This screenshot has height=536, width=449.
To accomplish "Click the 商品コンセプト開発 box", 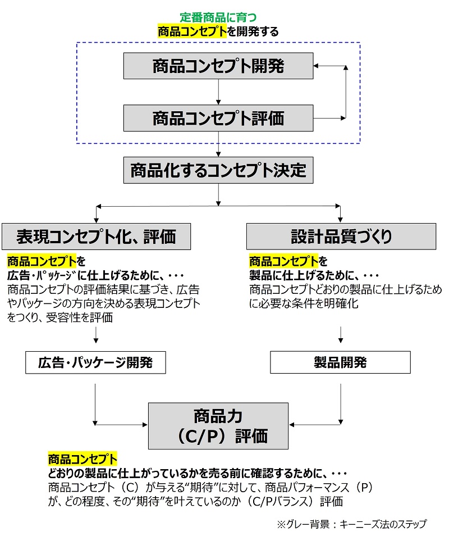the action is pos(218,66).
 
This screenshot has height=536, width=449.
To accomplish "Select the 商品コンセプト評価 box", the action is pos(218,118).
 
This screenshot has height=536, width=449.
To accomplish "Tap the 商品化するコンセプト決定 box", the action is pos(218,170).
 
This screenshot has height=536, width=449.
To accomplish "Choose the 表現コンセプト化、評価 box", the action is pos(97,237).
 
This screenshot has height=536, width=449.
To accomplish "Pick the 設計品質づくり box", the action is pos(341,237).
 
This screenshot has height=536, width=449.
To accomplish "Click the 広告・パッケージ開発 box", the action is pos(95,362).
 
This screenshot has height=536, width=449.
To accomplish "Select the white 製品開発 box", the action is pos(341,362).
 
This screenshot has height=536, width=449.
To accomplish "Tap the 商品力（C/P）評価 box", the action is pos(218,426).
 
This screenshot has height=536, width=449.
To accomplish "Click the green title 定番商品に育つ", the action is pos(218,17).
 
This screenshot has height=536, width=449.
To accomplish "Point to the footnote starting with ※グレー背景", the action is pos(352,524).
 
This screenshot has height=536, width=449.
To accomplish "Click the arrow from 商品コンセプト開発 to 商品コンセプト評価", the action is pos(218,92).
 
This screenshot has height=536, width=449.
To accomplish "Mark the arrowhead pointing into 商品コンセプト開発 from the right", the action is pos(316,66).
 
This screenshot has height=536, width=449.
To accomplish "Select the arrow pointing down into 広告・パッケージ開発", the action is pos(96,335).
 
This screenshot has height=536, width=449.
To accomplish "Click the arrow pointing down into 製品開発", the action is pos(341,335).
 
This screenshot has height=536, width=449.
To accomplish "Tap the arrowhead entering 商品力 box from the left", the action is pos(145,425).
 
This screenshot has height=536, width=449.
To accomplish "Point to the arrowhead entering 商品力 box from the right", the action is pos(291,425).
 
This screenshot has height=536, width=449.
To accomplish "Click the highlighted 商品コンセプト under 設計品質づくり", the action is pos(284,261).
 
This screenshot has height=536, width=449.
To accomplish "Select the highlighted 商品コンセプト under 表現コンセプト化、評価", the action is pos(42,261).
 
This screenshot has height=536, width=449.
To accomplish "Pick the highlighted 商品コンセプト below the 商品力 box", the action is pos(83,458).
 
